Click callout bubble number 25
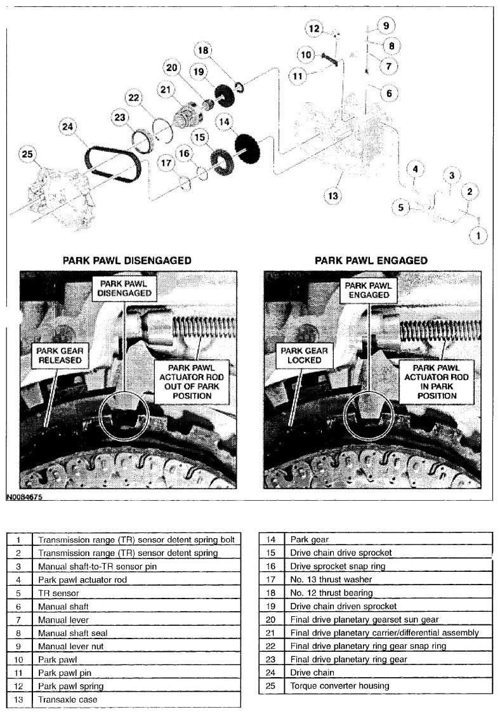[27, 154]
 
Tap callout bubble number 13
[333, 196]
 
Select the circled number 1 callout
[478, 235]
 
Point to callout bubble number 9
[386, 25]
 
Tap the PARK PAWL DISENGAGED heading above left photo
[127, 260]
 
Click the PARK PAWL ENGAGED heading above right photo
[371, 260]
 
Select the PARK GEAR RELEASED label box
[60, 355]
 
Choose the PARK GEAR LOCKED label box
[304, 355]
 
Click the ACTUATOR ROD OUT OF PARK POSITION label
[191, 382]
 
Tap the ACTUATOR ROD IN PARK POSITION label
[437, 382]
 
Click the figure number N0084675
[24, 497]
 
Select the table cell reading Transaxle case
[136, 699]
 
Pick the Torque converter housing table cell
[388, 686]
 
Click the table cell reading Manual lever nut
[136, 646]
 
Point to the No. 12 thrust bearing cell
[388, 593]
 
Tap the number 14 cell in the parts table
[271, 539]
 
